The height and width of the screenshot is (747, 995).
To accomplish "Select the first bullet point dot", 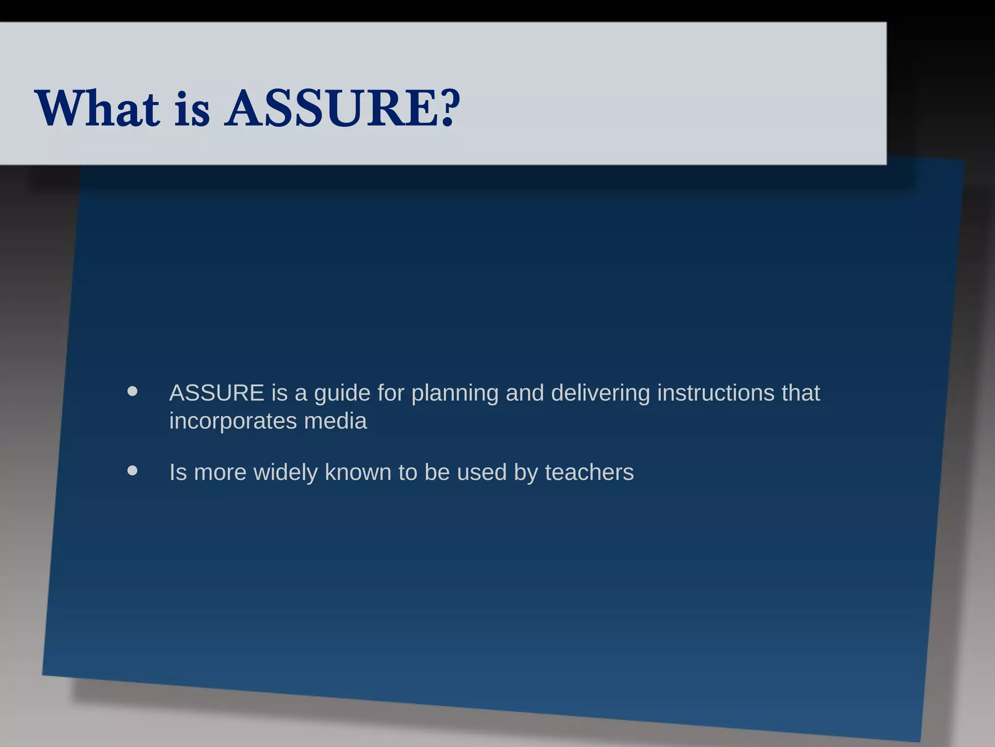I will point(132,391).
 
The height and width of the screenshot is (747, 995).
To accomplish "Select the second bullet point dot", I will point(132,471).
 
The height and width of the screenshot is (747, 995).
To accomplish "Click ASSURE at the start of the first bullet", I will point(217,393).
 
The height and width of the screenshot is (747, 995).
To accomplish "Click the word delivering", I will point(600,393).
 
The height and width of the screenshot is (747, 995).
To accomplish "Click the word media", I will point(335,421).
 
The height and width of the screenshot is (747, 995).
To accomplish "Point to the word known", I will point(358,472).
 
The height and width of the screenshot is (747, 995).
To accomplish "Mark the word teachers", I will point(589,472).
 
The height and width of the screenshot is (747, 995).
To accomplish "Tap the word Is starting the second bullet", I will point(178,472).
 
